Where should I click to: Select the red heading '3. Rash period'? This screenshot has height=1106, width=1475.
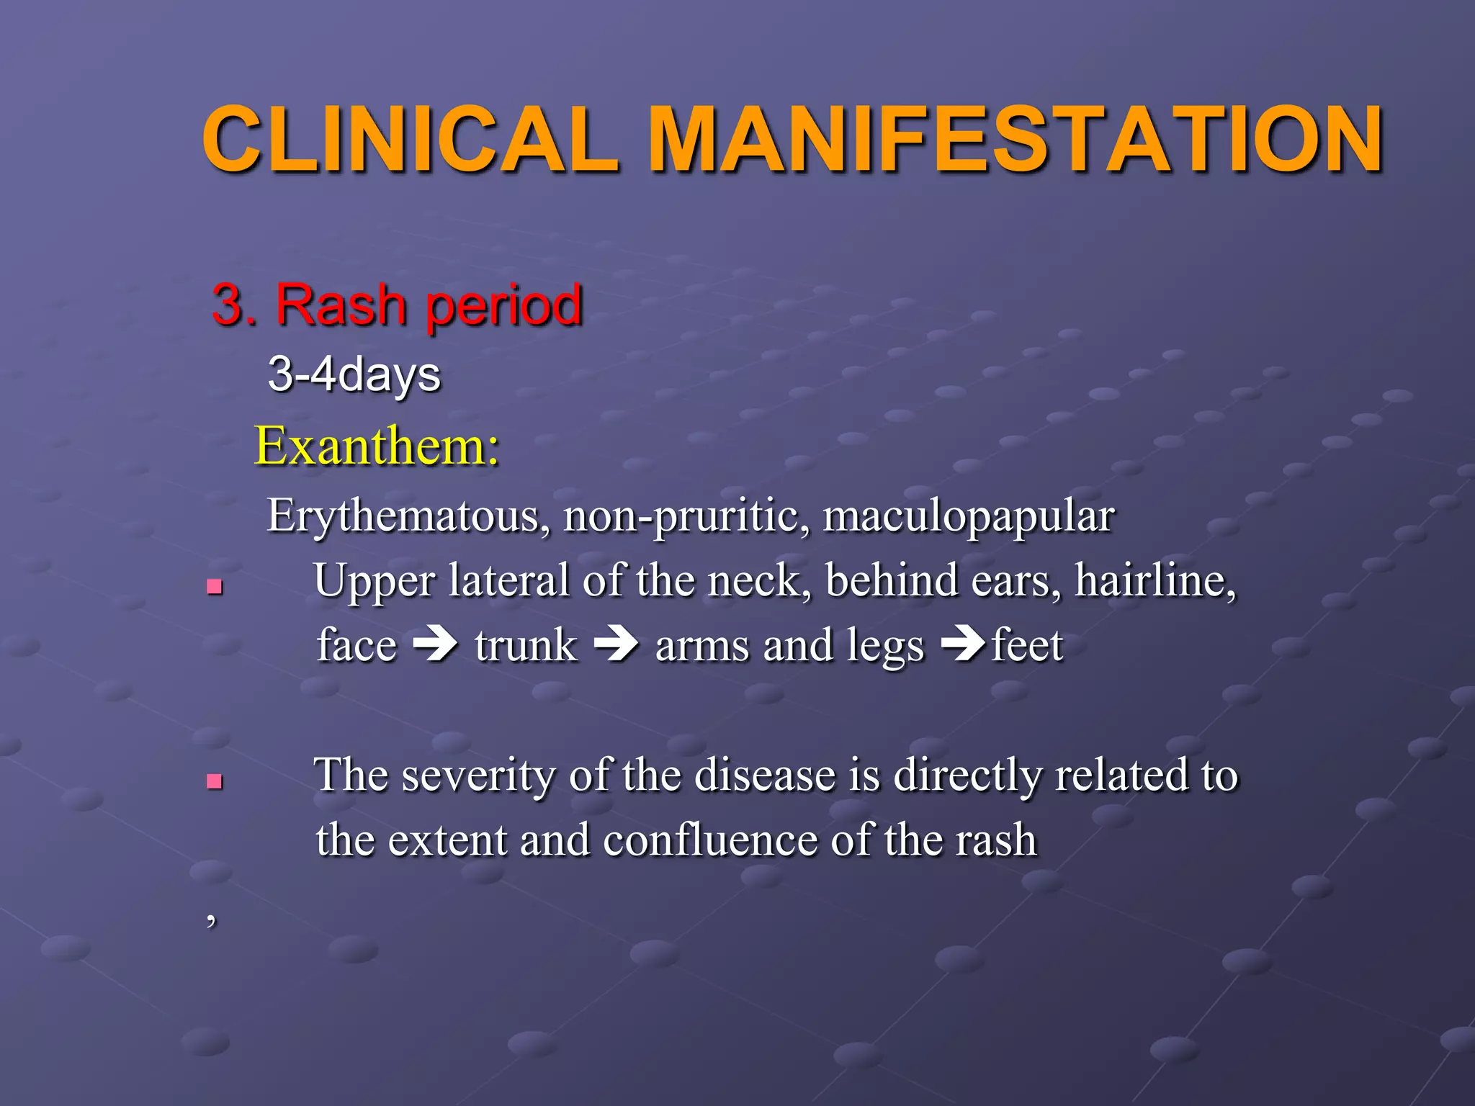pos(397,305)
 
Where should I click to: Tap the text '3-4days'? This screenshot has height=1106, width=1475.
pos(354,375)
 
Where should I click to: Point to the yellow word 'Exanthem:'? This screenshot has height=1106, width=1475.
pos(377,446)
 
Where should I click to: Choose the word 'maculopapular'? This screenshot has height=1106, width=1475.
pos(969,516)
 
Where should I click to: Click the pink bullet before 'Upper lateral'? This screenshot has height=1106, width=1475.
pos(214,587)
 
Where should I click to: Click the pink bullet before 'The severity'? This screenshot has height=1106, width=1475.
pos(214,781)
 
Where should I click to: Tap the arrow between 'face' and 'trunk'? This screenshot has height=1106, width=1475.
pos(436,644)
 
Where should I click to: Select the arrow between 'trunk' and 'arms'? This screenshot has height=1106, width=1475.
pos(616,644)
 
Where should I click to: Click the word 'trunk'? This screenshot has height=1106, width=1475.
pos(526,645)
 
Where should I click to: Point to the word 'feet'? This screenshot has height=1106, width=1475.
pos(1027,645)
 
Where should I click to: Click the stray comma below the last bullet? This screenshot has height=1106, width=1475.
pos(210,919)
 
